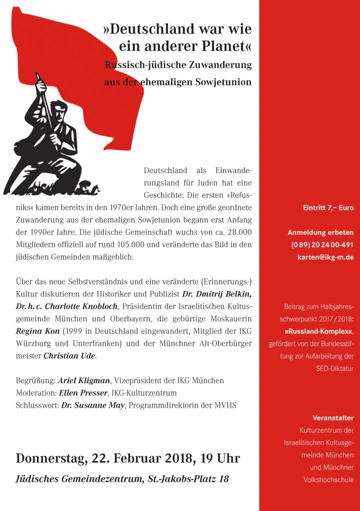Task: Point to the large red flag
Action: click(90, 55)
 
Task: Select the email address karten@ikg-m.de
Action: click(322, 257)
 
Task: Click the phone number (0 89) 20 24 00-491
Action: click(322, 245)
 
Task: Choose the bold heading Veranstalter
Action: click(333, 418)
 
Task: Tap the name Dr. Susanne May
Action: click(93, 405)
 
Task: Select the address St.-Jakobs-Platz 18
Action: click(189, 480)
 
